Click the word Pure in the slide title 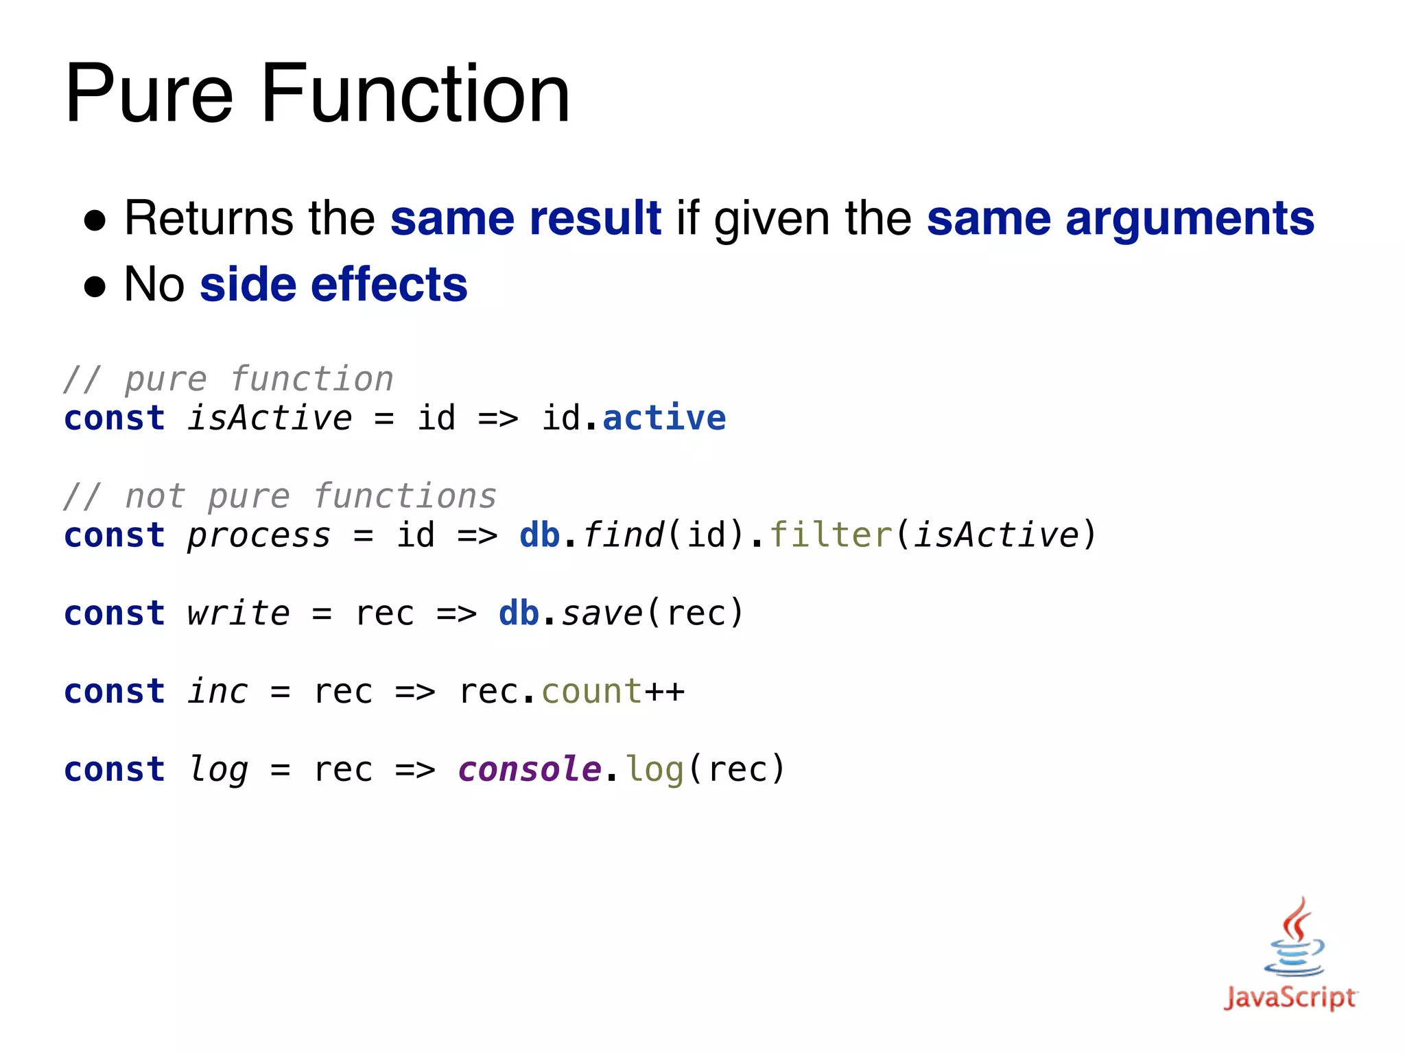pos(150,94)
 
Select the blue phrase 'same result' pos(526,218)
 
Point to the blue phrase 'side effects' pos(333,284)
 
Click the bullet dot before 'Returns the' pos(95,221)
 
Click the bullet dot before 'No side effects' pos(95,287)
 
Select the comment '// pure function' pos(228,379)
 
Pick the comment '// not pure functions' pos(280,496)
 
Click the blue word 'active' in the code pos(664,418)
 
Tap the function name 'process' pos(259,535)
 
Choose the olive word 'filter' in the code pos(831,535)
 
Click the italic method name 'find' pos(623,535)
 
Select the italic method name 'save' pos(602,613)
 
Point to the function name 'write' pos(238,613)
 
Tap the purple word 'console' pos(530,769)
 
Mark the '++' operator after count pos(664,691)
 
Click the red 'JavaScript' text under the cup pos(1290,997)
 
